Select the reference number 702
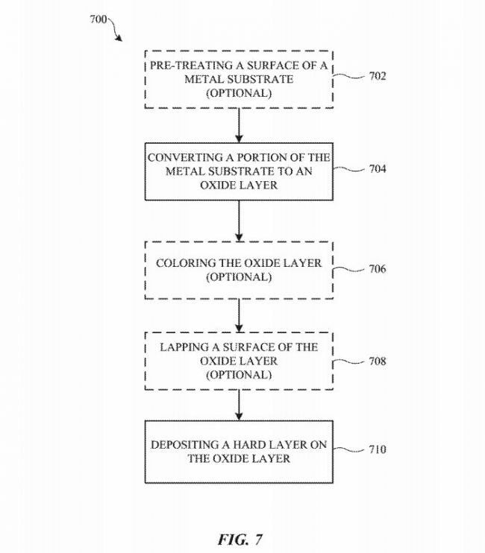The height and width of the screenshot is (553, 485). point(377,76)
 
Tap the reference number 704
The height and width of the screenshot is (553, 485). point(377,169)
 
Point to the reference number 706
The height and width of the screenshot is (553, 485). point(377,269)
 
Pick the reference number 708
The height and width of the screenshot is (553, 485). point(377,362)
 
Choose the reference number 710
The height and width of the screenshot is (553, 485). point(377,450)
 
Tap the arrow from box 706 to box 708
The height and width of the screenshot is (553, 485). point(239,317)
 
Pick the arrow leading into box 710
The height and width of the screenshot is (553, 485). point(239,405)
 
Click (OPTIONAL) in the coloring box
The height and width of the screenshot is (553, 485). point(239,277)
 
